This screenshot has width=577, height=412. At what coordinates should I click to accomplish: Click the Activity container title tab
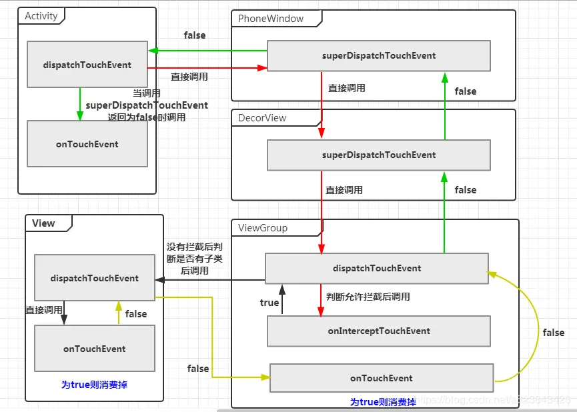(41, 16)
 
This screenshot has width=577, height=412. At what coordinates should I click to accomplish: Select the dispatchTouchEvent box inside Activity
(87, 65)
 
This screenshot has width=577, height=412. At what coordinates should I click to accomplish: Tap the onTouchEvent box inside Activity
(87, 144)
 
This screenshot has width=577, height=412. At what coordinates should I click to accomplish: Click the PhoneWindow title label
(271, 19)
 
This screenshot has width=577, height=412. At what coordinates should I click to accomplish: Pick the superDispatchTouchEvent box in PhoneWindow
(378, 56)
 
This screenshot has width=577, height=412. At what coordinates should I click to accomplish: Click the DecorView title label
(262, 118)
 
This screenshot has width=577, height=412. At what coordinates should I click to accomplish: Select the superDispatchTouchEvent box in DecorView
(378, 155)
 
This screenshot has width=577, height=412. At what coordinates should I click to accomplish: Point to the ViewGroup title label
(263, 228)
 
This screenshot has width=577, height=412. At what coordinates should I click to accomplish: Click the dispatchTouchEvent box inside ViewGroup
(377, 269)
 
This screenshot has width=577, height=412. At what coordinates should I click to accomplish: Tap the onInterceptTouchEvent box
(378, 331)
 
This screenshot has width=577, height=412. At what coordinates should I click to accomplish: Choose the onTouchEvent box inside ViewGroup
(381, 379)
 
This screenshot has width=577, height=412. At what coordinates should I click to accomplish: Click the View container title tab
(43, 223)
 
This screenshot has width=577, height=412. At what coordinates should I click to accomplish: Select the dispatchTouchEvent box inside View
(94, 279)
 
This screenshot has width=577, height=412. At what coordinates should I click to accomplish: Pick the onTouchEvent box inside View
(94, 349)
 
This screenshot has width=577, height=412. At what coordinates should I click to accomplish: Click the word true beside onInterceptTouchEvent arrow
(269, 303)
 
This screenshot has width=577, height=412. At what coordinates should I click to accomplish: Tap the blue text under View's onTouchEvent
(94, 385)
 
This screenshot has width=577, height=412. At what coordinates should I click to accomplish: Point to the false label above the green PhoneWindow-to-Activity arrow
(195, 35)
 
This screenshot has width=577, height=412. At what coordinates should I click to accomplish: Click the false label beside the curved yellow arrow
(553, 333)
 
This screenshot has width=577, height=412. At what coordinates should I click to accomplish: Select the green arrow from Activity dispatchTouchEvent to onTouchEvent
(80, 104)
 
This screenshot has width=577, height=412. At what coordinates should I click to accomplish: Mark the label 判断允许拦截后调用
(368, 297)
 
